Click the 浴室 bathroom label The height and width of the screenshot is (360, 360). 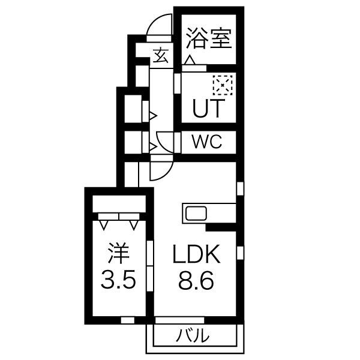point(208,39)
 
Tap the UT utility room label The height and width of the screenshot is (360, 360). point(208,109)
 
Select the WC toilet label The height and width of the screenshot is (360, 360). point(207,142)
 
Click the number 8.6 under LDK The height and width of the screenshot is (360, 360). point(195,280)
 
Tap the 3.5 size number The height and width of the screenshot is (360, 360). point(118,280)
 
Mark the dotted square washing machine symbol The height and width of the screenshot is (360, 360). point(221,86)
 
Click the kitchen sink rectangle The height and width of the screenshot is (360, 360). point(196,213)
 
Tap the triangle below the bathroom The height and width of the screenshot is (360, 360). point(190,61)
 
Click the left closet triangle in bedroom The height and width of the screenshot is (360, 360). point(105,225)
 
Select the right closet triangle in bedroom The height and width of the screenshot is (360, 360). point(133,225)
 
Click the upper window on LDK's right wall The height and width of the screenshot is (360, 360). point(239,188)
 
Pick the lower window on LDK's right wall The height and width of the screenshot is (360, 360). point(239,252)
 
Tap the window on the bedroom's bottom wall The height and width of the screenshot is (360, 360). point(127,320)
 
